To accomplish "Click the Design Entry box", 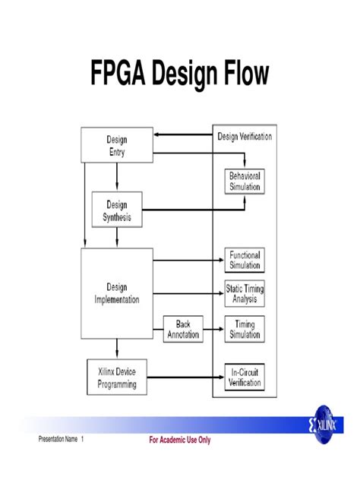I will coord(116,145).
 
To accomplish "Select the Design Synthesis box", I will coord(117,210).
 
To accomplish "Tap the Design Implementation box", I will coord(117,293).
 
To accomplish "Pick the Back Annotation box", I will coord(183,328).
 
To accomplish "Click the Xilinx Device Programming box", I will coord(117,379).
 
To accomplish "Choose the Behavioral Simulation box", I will coord(245,182).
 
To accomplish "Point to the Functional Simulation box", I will coord(245,261).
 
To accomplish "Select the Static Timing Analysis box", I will coord(245,294).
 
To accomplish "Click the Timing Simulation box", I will coord(245,329).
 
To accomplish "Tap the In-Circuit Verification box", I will coord(245,378).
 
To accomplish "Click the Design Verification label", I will coord(245,137).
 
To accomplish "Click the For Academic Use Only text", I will coord(180,440).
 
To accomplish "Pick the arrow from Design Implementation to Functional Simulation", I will coord(188,261).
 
